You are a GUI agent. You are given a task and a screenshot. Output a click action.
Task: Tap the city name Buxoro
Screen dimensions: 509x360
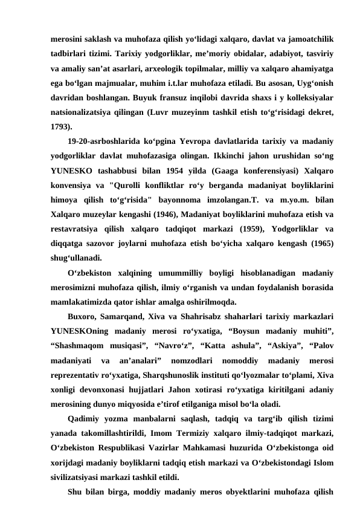coord(83,317)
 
